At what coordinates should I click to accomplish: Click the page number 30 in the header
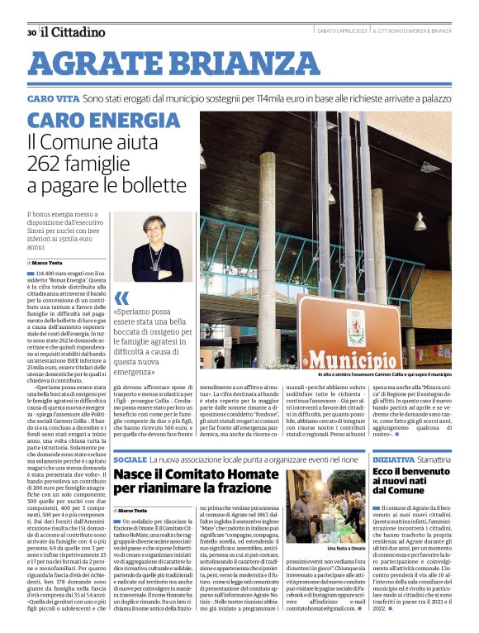[31, 32]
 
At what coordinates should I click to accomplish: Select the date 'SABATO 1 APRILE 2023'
[342, 31]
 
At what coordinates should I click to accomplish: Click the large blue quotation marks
[121, 297]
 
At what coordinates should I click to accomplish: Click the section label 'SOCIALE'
[130, 459]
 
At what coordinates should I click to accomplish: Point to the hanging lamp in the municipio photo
[420, 222]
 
